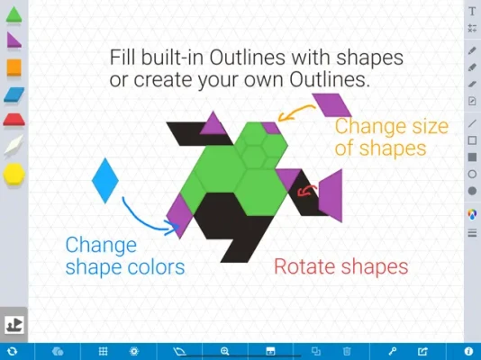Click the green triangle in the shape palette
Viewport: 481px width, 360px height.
click(14, 14)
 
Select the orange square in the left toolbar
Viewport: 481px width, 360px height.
click(14, 67)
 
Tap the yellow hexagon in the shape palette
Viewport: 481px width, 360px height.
click(14, 174)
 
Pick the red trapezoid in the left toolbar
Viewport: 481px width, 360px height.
click(14, 120)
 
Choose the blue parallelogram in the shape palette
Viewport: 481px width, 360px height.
click(14, 94)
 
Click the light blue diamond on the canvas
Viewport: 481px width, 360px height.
click(105, 181)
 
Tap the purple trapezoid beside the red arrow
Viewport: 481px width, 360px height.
click(331, 195)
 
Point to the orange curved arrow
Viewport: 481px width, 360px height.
click(295, 112)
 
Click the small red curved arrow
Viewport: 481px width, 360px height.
click(307, 191)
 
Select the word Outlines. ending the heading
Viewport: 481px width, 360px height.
click(330, 80)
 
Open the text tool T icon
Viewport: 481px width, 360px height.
click(472, 12)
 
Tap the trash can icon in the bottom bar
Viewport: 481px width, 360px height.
click(347, 351)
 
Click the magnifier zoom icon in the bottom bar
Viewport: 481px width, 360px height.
click(225, 351)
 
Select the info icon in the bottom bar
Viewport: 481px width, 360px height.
click(468, 351)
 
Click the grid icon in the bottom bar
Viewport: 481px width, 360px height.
click(103, 351)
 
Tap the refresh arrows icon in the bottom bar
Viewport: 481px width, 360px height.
click(12, 351)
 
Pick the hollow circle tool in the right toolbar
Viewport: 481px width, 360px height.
click(472, 175)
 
